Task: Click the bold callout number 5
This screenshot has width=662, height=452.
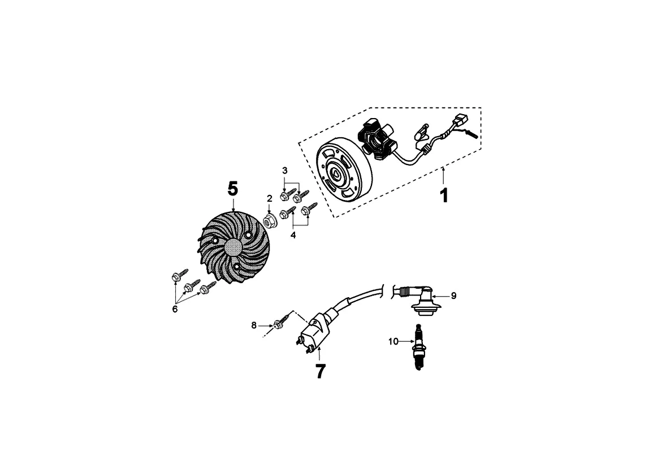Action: click(x=233, y=189)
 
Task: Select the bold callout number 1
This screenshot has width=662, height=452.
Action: click(x=444, y=195)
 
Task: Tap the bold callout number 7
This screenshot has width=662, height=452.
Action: click(x=320, y=371)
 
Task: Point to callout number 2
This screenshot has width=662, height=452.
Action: click(x=270, y=198)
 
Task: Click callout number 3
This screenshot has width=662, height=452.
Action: click(x=285, y=170)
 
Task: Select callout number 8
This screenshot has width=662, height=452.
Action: click(x=254, y=325)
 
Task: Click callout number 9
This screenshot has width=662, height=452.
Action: click(x=453, y=295)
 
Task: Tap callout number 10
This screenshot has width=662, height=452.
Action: click(x=393, y=341)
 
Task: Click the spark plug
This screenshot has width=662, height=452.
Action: click(x=418, y=347)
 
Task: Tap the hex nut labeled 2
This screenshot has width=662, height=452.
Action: click(x=271, y=218)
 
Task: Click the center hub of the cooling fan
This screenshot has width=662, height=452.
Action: click(x=233, y=247)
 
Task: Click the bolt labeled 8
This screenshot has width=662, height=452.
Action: click(x=279, y=324)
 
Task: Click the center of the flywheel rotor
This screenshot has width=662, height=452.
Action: click(x=337, y=174)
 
